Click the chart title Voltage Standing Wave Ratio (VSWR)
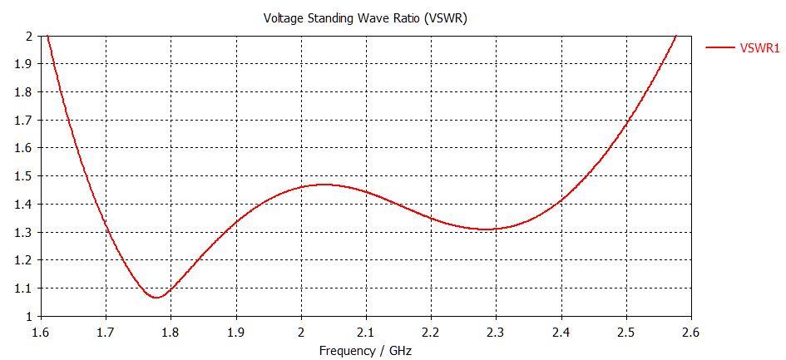[x=365, y=18]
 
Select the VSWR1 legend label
[x=759, y=48]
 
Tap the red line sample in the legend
[x=719, y=48]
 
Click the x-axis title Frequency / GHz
[x=365, y=351]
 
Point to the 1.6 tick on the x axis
[x=42, y=333]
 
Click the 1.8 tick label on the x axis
[x=171, y=333]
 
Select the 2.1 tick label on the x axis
[x=365, y=333]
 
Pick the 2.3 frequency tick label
[x=495, y=333]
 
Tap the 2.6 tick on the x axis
[x=690, y=333]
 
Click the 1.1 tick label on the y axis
[x=24, y=288]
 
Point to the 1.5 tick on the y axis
[x=24, y=176]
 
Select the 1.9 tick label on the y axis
[x=24, y=64]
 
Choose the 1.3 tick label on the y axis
[x=24, y=233]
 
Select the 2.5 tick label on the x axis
[x=625, y=333]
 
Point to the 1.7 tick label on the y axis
[x=24, y=121]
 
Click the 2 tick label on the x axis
[x=301, y=333]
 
